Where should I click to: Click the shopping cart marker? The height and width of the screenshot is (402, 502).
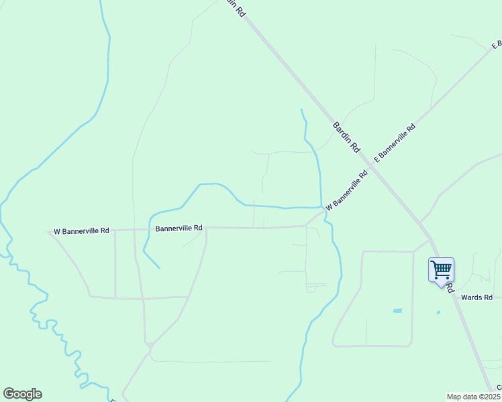pyautogui.click(x=441, y=270)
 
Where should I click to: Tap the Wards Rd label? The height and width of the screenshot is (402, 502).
pyautogui.click(x=477, y=297)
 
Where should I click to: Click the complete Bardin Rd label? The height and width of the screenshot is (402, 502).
pyautogui.click(x=346, y=137)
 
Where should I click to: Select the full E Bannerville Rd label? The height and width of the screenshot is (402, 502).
pyautogui.click(x=395, y=143)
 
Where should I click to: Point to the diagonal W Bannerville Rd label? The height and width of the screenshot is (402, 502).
pyautogui.click(x=347, y=190)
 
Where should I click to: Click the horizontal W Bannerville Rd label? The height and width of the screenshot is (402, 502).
pyautogui.click(x=81, y=231)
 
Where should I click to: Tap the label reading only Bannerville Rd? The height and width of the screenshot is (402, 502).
pyautogui.click(x=179, y=228)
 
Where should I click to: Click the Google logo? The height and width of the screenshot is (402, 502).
pyautogui.click(x=22, y=394)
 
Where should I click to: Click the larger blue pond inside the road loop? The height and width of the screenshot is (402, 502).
pyautogui.click(x=397, y=311)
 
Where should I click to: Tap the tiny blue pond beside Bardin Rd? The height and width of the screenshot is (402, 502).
pyautogui.click(x=438, y=312)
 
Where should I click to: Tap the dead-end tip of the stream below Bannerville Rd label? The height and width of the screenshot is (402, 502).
pyautogui.click(x=160, y=269)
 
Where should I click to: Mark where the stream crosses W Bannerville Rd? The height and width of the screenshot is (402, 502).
pyautogui.click(x=325, y=213)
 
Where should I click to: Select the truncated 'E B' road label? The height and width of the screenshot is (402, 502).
pyautogui.click(x=497, y=45)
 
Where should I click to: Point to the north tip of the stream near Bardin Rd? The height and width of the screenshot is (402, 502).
pyautogui.click(x=301, y=109)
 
